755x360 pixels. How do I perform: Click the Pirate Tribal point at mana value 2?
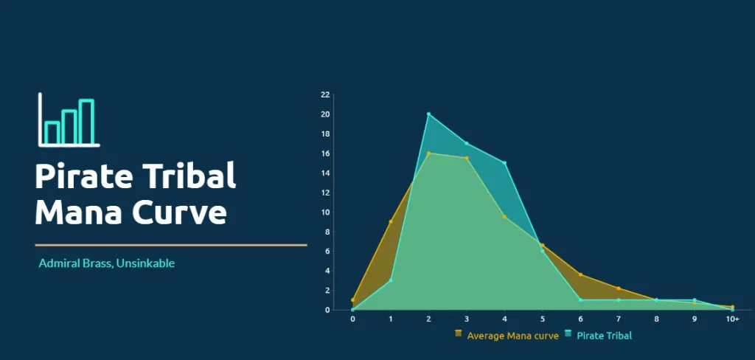pos(428,114)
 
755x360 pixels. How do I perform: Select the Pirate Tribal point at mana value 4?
pos(504,163)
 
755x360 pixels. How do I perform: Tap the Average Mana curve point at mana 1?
pos(391,222)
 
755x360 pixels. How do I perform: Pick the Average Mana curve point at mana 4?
pos(504,217)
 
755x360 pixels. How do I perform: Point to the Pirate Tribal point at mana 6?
pos(581,300)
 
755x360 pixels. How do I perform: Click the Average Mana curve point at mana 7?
pos(619,288)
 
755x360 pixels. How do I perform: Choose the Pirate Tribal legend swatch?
pos(568,333)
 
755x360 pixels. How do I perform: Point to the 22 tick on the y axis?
pos(325,95)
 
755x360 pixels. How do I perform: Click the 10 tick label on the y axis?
pos(325,212)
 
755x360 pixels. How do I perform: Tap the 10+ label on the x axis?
pos(732,319)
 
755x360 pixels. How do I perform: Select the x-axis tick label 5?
pos(543,319)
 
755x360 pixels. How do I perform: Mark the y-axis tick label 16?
pos(325,153)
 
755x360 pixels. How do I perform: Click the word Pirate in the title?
pos(84,176)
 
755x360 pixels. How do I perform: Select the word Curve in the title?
pos(180,212)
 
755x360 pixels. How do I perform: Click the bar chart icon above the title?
pos(69,120)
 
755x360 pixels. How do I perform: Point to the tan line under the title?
pos(171,245)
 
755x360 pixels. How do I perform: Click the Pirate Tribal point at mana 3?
pos(467,143)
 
